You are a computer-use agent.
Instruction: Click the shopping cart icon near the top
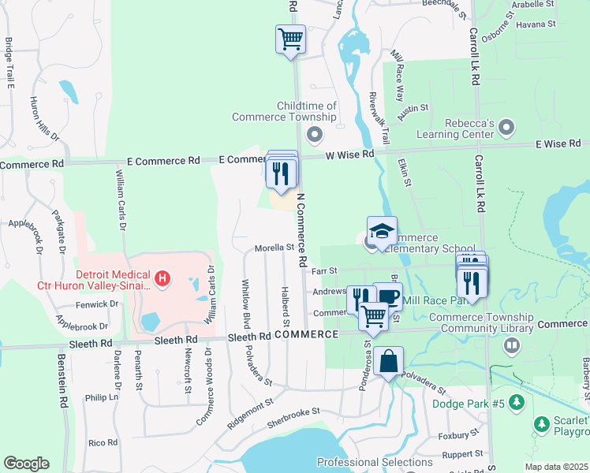(290, 38)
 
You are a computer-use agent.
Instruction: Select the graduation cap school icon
(382, 231)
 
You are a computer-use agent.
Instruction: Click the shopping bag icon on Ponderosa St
(388, 362)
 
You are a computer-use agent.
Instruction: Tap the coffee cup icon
(387, 296)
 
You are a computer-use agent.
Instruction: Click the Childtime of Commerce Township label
(284, 111)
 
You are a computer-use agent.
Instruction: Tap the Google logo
(26, 464)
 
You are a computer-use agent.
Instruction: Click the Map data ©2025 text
(556, 467)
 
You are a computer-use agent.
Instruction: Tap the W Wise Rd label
(350, 155)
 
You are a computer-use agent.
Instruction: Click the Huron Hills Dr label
(45, 118)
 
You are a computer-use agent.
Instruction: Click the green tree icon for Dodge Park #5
(516, 404)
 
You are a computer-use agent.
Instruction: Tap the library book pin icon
(512, 345)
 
